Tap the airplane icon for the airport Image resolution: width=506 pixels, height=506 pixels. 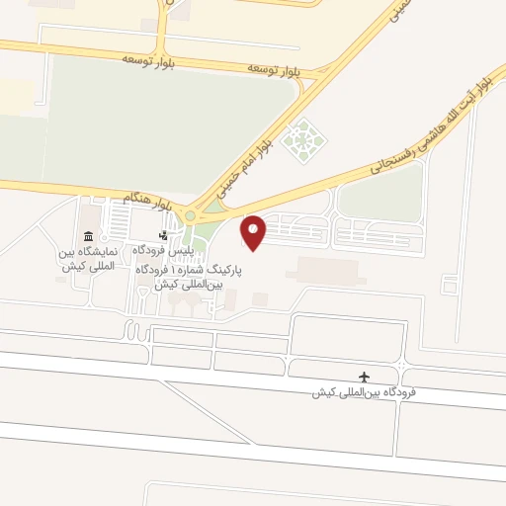pos(365,377)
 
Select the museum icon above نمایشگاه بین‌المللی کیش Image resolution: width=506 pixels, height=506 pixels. pos(89,236)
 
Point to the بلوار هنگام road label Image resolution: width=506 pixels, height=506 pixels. pos(145,198)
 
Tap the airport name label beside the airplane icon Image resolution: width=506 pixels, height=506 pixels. pos(364,393)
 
